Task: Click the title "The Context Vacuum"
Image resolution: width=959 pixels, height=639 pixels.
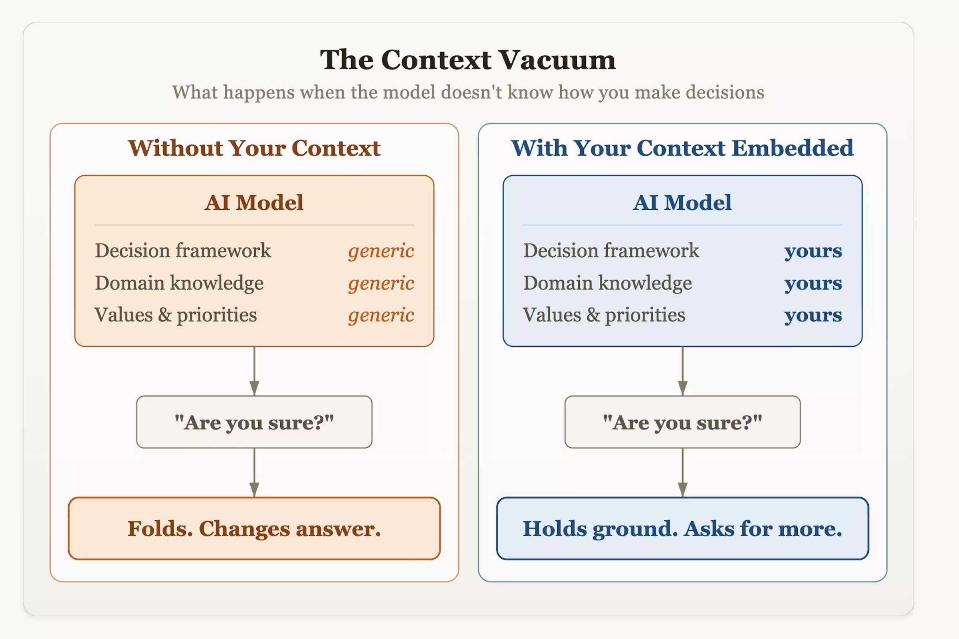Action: click(x=468, y=60)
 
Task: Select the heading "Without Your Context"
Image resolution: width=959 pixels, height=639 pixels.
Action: click(x=254, y=147)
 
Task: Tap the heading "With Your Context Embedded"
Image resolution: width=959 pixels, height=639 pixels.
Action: click(x=682, y=147)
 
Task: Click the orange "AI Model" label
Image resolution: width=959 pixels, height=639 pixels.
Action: click(x=254, y=202)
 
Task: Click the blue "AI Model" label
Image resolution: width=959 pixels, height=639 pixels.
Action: click(x=682, y=202)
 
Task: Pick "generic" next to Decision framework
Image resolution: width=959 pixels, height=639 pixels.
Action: click(x=381, y=251)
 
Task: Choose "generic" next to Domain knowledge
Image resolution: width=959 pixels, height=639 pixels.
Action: click(x=381, y=283)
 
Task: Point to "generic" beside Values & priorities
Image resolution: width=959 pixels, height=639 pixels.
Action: click(x=381, y=316)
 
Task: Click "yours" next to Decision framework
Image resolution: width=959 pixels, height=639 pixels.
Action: click(x=813, y=251)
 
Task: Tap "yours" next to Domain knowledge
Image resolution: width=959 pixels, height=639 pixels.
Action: click(x=813, y=283)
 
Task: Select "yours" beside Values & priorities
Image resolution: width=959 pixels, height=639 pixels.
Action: click(x=813, y=316)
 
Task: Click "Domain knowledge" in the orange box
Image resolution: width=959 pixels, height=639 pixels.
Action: click(x=179, y=283)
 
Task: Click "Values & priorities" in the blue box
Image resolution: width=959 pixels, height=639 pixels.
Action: click(x=604, y=315)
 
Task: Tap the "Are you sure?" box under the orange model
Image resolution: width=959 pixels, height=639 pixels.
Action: click(x=254, y=422)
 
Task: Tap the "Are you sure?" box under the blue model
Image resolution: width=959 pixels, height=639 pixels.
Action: click(x=682, y=422)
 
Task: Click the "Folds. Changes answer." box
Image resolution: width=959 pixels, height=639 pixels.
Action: click(x=254, y=528)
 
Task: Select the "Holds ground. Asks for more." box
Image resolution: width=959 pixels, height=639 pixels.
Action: click(x=682, y=528)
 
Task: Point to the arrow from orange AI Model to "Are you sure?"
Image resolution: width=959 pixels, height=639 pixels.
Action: click(x=254, y=371)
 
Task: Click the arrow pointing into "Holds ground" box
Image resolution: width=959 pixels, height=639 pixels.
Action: click(x=682, y=473)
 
